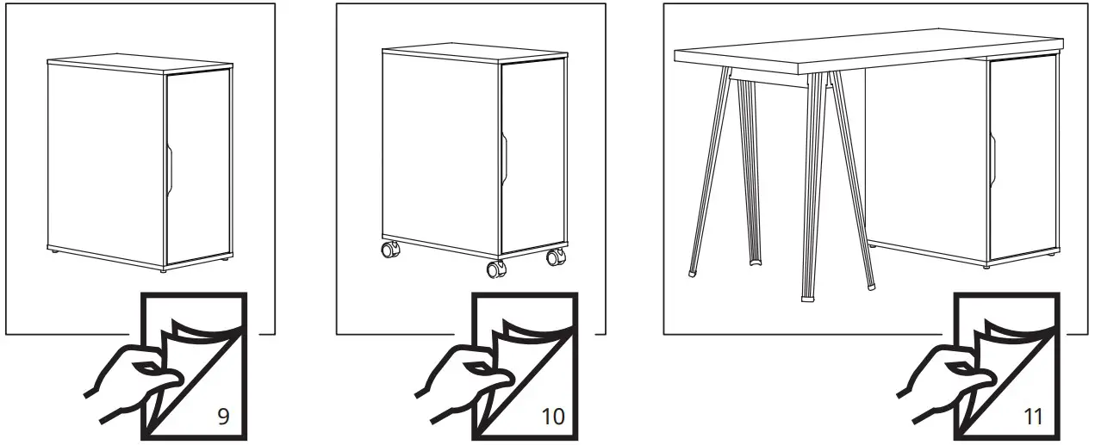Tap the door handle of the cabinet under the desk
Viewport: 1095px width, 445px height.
coord(992,161)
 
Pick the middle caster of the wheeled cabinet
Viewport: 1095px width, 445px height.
coord(496,269)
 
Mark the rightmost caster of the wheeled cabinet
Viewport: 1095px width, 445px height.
coord(557,256)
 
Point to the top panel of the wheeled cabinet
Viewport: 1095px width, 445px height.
coord(474,53)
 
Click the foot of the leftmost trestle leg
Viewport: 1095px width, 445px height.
coord(694,273)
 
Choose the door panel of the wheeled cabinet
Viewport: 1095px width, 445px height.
coord(532,159)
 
